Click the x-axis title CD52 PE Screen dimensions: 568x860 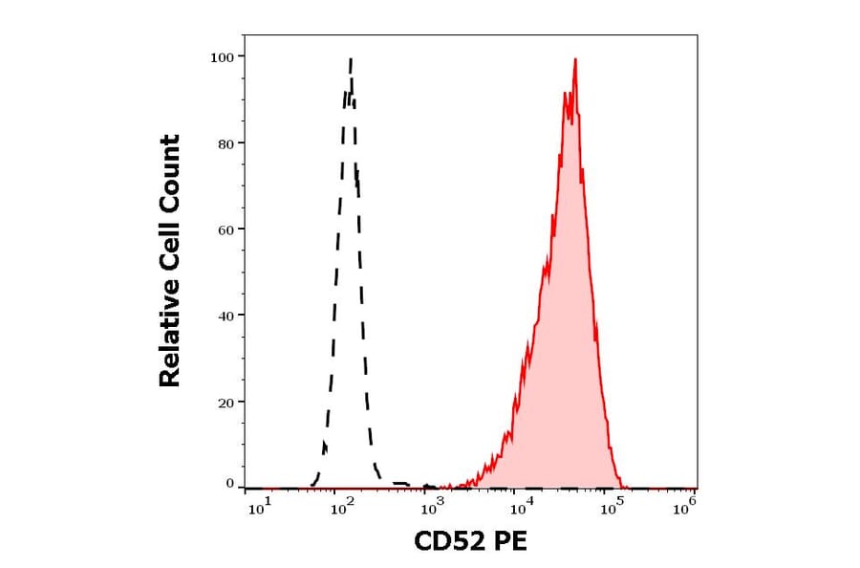470,542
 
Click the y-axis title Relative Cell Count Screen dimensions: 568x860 170,261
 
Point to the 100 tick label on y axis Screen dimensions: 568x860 222,57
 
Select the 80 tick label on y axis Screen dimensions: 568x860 226,143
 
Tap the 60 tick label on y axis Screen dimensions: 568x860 226,229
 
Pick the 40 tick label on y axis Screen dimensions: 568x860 226,316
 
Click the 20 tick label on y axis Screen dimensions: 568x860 226,403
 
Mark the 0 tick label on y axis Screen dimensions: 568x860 229,484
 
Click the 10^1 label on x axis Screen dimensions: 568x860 259,508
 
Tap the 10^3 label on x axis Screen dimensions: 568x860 432,508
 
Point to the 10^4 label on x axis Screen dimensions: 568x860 518,508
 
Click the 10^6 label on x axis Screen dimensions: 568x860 684,508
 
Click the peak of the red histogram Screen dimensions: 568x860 575,60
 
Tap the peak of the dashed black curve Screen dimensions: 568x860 351,59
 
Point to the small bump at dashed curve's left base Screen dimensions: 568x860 324,446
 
